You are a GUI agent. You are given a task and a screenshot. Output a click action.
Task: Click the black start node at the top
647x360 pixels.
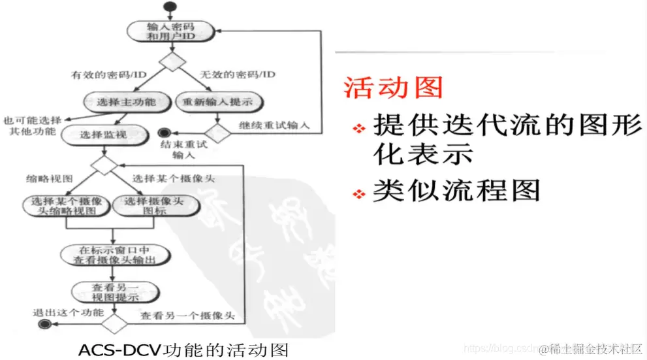(172, 8)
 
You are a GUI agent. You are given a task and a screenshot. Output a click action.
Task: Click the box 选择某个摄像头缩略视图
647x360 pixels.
(63, 206)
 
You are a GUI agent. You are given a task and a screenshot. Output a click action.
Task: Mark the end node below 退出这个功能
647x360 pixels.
(44, 324)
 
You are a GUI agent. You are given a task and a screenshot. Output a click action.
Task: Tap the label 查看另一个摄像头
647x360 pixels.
(187, 316)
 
